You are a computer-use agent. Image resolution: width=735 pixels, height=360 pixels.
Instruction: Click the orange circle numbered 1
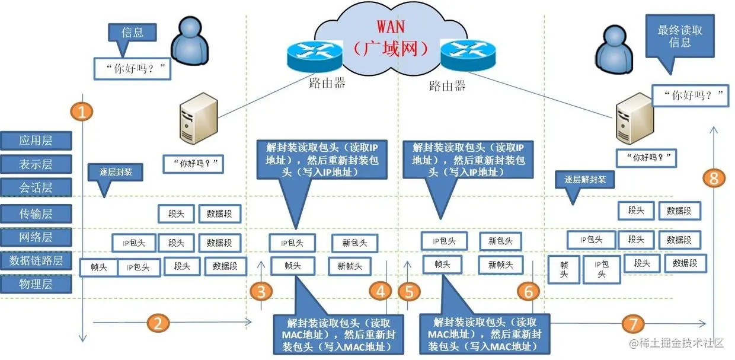click(82, 111)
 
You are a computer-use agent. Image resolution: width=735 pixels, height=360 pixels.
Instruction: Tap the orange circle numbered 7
click(633, 323)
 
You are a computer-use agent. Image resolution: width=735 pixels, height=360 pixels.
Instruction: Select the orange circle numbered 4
click(381, 291)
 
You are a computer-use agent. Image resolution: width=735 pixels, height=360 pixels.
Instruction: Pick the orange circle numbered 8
click(714, 177)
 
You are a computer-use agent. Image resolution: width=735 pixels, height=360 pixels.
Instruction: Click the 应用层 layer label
click(36, 141)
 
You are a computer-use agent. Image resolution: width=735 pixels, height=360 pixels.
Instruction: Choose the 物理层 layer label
click(36, 284)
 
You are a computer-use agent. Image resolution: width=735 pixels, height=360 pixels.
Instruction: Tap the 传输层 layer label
click(36, 213)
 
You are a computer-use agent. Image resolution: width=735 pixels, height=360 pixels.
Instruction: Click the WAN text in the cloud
click(392, 27)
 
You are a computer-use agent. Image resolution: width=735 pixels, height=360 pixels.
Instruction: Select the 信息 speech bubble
click(132, 33)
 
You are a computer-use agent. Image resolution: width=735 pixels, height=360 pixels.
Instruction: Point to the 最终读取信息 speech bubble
click(680, 37)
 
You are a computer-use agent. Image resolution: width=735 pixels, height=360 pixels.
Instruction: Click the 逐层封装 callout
click(116, 173)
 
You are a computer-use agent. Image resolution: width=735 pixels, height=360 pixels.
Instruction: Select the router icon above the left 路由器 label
click(315, 55)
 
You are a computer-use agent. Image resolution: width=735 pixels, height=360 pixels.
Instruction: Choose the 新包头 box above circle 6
click(500, 241)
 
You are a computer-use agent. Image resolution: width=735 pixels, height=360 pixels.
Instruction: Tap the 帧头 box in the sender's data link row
click(98, 267)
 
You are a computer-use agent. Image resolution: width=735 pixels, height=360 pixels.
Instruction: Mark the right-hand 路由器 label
click(447, 85)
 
